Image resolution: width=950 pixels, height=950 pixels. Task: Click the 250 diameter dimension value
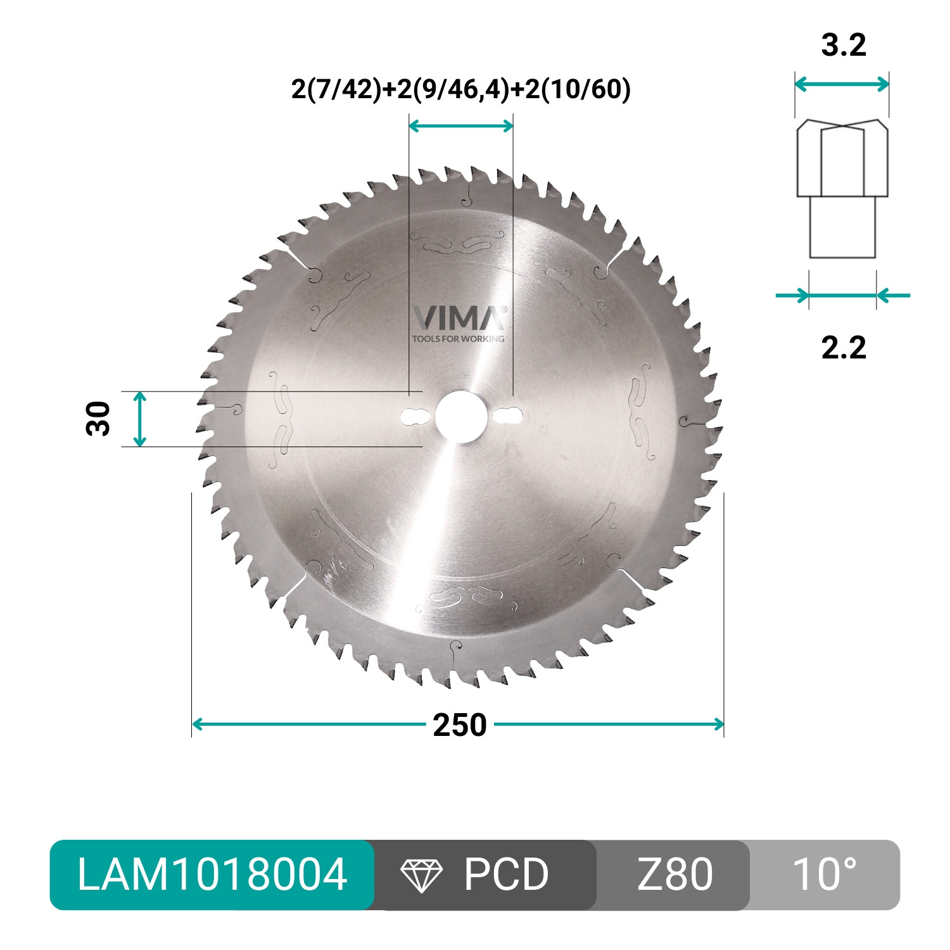(460, 725)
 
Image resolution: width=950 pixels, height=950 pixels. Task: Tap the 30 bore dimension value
(98, 419)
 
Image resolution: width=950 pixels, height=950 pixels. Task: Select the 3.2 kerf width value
(843, 46)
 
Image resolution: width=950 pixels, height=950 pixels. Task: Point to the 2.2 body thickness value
(843, 348)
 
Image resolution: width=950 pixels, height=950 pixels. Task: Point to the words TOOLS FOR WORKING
(459, 339)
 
